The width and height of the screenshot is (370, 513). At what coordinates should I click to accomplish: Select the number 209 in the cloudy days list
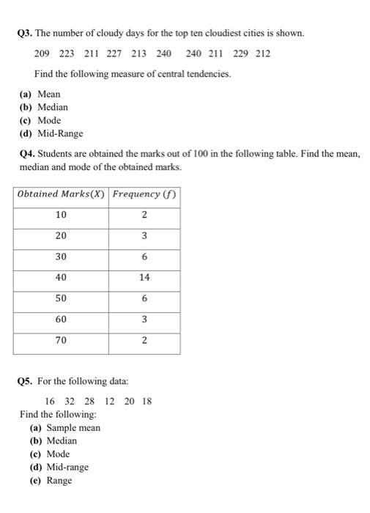point(44,53)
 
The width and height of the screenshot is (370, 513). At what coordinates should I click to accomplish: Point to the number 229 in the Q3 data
point(241,53)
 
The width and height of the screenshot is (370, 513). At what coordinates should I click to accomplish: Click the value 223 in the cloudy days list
point(67,53)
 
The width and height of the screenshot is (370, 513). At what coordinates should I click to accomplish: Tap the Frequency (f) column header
point(144,194)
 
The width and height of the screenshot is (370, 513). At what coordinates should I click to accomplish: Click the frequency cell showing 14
point(144,278)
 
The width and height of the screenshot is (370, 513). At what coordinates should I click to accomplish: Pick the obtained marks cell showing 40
point(61,278)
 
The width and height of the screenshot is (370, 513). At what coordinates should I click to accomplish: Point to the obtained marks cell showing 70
point(61,341)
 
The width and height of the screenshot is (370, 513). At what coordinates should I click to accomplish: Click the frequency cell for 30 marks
point(144,257)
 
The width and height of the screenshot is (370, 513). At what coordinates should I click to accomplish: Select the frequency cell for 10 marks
point(144,215)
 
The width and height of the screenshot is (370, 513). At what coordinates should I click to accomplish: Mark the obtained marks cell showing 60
point(61,320)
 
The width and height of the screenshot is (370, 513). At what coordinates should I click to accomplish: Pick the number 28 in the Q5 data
point(89,401)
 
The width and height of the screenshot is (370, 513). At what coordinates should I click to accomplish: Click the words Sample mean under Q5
point(73,428)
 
